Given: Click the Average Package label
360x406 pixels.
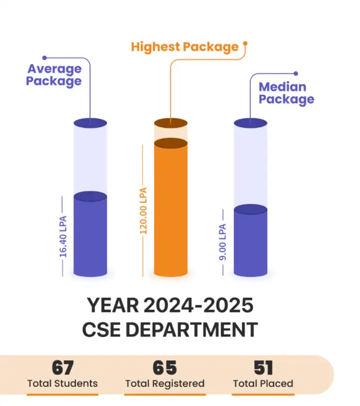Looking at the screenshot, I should click(54, 75).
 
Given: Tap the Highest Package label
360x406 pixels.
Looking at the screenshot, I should click(185, 47).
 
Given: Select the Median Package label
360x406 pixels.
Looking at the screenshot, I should click(286, 93).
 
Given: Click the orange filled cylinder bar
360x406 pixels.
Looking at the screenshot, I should click(171, 211).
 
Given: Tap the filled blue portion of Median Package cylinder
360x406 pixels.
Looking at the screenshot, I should click(250, 242).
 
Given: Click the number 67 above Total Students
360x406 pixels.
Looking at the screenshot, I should click(62, 368).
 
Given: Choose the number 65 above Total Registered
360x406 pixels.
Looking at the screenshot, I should click(165, 368).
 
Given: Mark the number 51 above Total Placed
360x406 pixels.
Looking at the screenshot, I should click(263, 368).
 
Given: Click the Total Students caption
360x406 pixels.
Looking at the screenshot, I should click(62, 383).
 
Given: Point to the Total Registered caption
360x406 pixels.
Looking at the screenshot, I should click(165, 383).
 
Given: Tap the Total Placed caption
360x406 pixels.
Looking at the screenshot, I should click(263, 383).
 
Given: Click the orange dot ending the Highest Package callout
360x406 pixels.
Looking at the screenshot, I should click(245, 44).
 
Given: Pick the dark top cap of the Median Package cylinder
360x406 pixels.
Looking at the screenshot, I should click(250, 123).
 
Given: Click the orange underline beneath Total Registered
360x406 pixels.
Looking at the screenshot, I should click(165, 395).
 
